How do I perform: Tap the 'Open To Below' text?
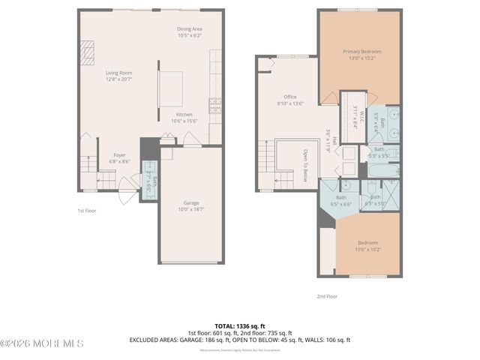(305, 166)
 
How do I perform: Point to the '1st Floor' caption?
(87, 211)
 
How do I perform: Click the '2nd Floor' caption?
(327, 296)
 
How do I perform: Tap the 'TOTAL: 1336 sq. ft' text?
(239, 325)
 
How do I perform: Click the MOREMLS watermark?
(42, 343)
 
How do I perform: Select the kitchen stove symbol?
(215, 106)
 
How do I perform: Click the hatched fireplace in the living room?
(86, 53)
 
